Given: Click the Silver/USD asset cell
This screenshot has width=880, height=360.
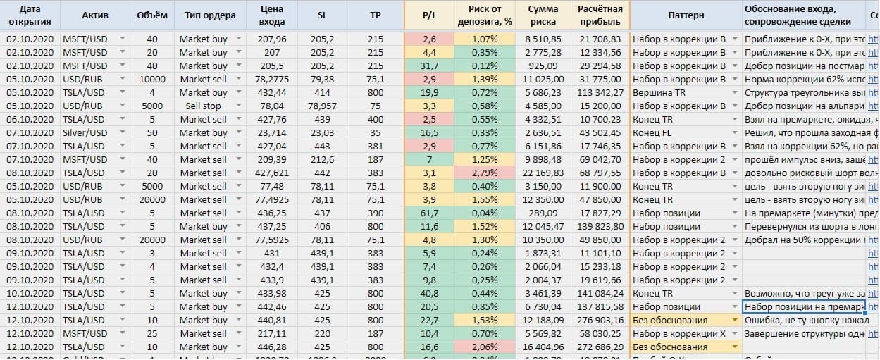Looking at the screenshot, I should tap(85, 132).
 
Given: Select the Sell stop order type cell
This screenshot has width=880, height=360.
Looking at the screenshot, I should tap(203, 106).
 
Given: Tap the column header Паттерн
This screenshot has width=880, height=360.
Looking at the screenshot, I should tap(681, 15).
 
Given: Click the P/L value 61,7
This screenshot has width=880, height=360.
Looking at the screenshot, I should tap(430, 213).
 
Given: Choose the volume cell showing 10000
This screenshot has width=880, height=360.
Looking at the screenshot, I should tap(152, 79).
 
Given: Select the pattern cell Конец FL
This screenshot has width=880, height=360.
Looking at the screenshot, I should tap(652, 132).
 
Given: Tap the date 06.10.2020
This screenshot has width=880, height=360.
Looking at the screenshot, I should tap(30, 119).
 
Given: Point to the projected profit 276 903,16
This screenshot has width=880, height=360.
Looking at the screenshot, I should tap(600, 320).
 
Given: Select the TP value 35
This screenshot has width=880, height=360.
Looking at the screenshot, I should tap(376, 132).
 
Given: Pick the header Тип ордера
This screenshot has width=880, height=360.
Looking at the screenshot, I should tap(204, 15).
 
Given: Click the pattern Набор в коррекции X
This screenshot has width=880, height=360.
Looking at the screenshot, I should tap(679, 333).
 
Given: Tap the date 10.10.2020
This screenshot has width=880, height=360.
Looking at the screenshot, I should tap(30, 293).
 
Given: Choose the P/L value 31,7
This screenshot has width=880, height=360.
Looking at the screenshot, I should tap(430, 66).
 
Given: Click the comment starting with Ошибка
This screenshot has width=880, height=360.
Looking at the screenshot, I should tap(804, 320).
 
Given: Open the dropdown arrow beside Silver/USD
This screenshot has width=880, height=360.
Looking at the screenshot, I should tap(123, 132).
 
